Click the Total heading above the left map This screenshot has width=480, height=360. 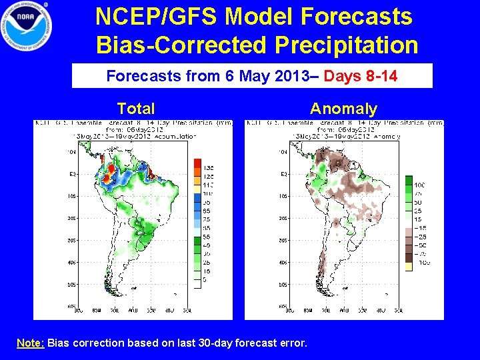135,109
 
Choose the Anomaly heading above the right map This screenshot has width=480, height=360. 343,109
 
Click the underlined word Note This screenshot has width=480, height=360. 30,343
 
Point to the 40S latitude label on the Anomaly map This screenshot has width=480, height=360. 283,263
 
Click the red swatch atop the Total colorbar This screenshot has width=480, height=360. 197,163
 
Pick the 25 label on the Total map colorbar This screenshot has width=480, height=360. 209,263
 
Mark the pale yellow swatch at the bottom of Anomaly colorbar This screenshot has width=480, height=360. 409,267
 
